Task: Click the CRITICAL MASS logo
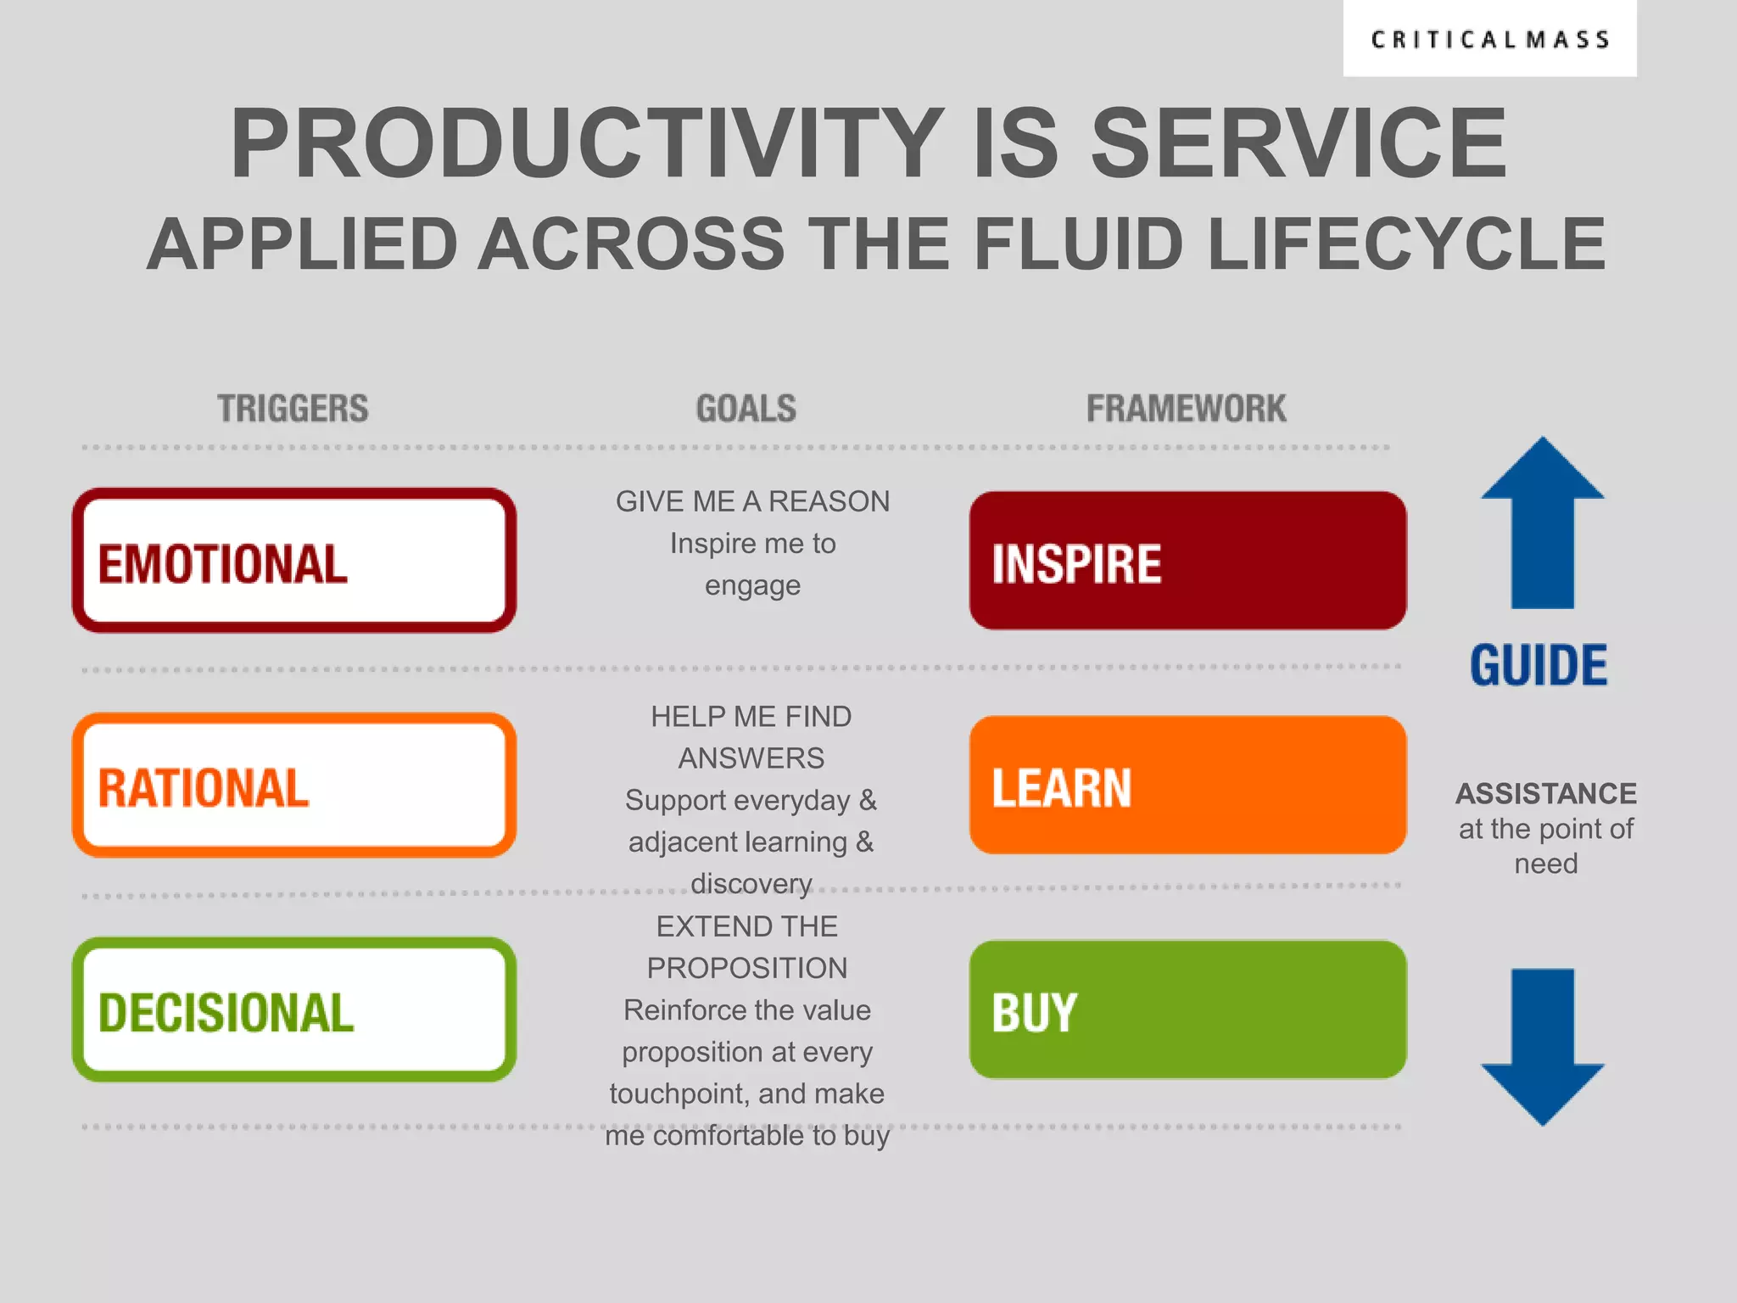tap(1489, 40)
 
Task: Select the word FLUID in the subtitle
tap(1077, 244)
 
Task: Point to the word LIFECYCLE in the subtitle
tap(1405, 244)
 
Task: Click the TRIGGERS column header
tap(293, 409)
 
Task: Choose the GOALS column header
tap(746, 409)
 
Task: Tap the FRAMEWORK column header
tap(1186, 409)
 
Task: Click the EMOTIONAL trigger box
tap(294, 560)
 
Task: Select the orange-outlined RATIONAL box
tap(294, 785)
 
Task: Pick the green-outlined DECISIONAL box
tap(294, 1009)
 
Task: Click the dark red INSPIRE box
tap(1187, 560)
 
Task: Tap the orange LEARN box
tap(1187, 785)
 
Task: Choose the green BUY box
tap(1187, 1009)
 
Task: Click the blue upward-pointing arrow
tap(1542, 526)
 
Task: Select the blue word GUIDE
tap(1539, 665)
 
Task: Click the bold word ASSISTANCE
tap(1545, 793)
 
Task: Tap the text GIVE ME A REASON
tap(752, 501)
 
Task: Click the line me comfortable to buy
tap(747, 1135)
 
